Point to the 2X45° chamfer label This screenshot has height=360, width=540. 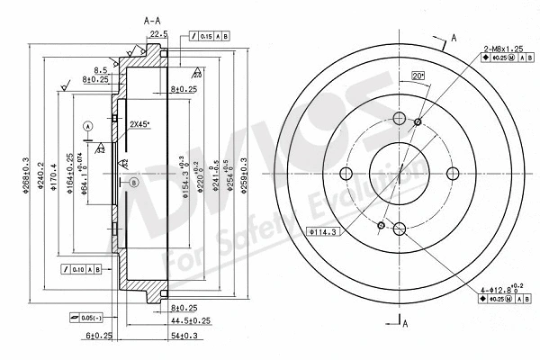140,123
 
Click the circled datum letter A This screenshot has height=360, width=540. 87,127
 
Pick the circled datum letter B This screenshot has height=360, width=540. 134,183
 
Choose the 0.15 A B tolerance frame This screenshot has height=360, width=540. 206,35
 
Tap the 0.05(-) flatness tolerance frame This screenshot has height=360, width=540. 85,317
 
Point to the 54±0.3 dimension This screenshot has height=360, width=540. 184,335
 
